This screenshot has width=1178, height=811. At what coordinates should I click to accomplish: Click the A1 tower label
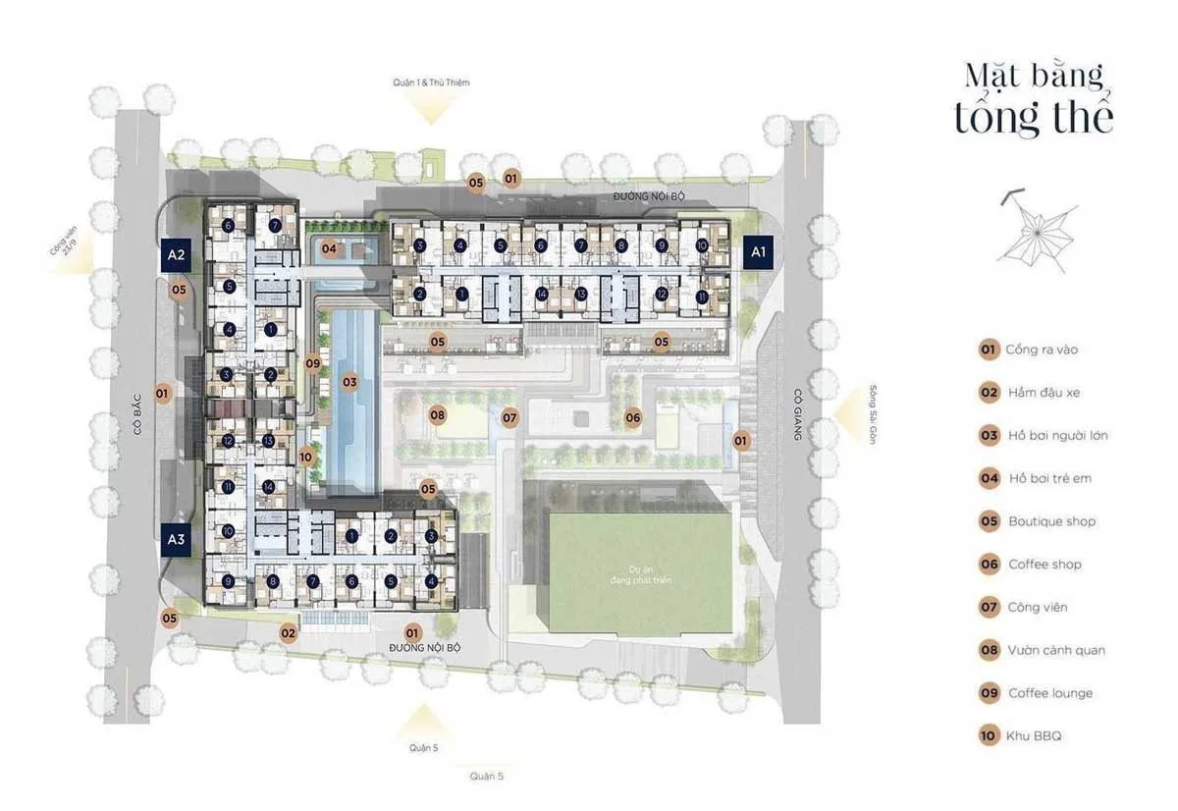click(x=757, y=252)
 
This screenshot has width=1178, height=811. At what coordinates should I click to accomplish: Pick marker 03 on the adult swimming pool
click(x=348, y=381)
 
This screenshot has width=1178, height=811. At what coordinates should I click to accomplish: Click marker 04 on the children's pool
click(x=329, y=248)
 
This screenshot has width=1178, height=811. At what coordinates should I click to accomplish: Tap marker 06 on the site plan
click(x=633, y=417)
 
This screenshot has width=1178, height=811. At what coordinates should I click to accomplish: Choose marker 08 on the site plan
click(x=438, y=415)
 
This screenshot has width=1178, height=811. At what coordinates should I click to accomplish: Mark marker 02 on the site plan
click(x=288, y=633)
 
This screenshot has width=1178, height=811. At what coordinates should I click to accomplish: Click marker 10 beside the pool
click(x=306, y=457)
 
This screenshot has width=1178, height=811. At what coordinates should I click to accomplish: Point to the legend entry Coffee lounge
click(x=1048, y=693)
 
